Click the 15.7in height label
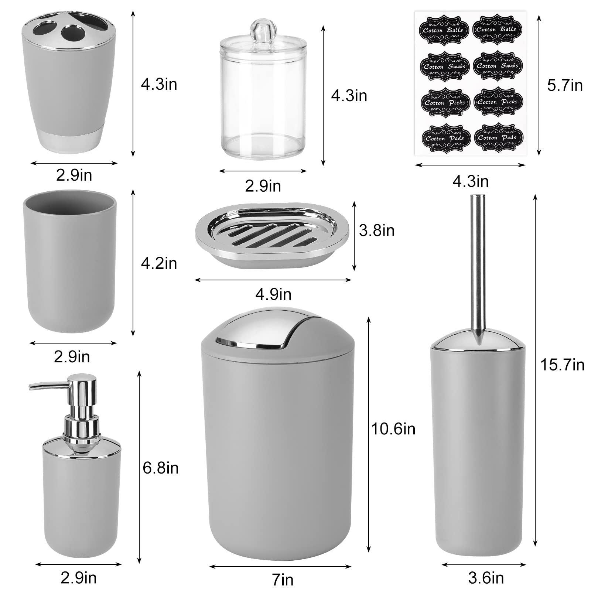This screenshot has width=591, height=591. tap(562, 365)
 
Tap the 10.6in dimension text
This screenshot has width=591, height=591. tap(393, 429)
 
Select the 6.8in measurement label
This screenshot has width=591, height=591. tap(161, 468)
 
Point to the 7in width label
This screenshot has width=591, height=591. tap(283, 580)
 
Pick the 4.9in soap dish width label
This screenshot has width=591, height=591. tap(273, 294)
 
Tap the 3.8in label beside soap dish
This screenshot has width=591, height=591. tap(377, 230)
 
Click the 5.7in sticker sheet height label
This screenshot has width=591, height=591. tap(565, 85)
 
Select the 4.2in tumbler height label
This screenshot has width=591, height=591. tap(159, 263)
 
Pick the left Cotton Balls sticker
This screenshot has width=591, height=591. tap(444, 30)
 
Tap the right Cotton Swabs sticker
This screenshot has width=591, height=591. tap(497, 65)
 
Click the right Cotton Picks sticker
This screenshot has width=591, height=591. tap(497, 102)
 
